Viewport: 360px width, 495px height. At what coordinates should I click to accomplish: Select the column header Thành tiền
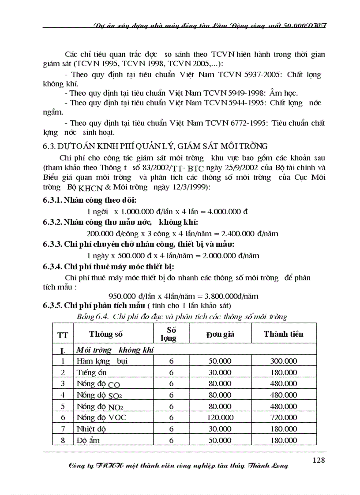pyautogui.click(x=283, y=334)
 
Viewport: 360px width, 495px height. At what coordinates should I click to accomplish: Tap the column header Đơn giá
pyautogui.click(x=220, y=334)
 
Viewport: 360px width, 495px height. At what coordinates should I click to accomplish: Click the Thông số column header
pyautogui.click(x=106, y=334)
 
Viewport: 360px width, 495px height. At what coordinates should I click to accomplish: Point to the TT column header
pyautogui.click(x=63, y=335)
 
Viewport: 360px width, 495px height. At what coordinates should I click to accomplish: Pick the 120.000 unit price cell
pyautogui.click(x=220, y=417)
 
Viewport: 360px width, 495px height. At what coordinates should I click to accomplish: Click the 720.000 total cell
pyautogui.click(x=283, y=417)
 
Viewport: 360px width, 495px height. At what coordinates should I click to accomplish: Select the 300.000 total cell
pyautogui.click(x=283, y=361)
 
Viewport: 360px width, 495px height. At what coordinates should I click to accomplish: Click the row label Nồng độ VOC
pyautogui.click(x=101, y=417)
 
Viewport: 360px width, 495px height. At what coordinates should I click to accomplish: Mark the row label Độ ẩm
pyautogui.click(x=88, y=440)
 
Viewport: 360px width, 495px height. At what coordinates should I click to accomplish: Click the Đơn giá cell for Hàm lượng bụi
pyautogui.click(x=220, y=361)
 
